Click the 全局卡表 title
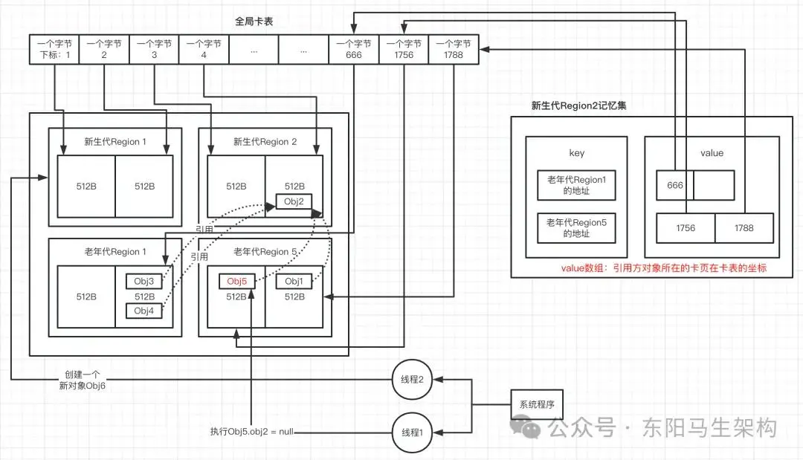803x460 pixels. (254, 22)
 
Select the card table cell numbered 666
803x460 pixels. (354, 49)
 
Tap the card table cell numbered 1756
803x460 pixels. (404, 49)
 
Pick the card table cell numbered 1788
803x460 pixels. (454, 49)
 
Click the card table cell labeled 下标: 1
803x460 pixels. (54, 49)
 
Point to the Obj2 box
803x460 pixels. (294, 201)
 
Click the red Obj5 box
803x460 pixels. (236, 282)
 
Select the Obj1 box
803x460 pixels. (294, 282)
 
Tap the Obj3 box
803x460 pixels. (144, 282)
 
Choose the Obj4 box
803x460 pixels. (144, 311)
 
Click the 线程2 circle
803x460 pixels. (412, 380)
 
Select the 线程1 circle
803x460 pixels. (412, 433)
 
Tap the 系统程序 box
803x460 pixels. (537, 405)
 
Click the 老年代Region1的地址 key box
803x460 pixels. (577, 185)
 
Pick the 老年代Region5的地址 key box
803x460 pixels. (577, 228)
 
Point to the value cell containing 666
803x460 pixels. (675, 185)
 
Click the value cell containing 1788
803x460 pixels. (744, 228)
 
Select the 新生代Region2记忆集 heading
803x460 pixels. (578, 106)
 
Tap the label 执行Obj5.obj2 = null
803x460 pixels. (252, 432)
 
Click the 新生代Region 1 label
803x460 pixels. (115, 142)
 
